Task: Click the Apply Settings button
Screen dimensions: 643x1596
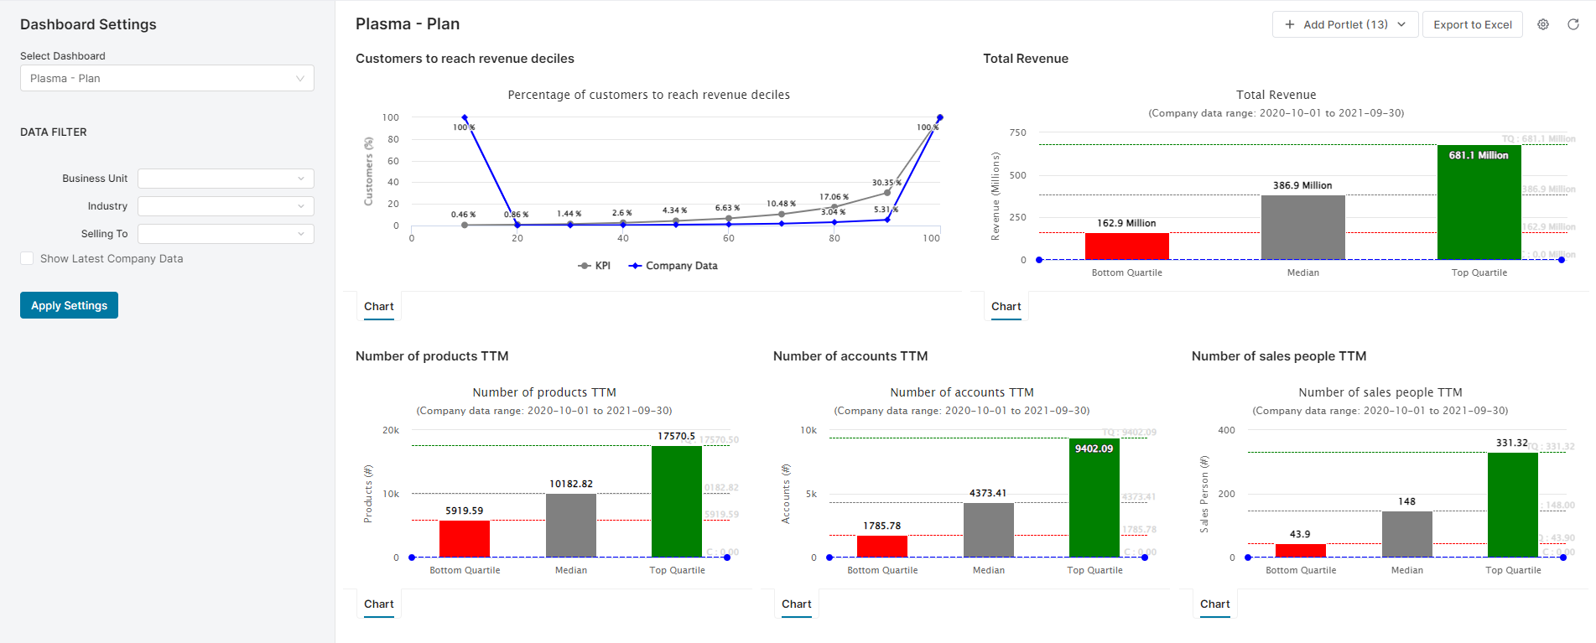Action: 69,305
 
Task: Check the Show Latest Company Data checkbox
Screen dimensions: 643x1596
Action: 28,259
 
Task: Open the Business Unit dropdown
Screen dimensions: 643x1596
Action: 226,179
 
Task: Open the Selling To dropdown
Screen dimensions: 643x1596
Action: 226,234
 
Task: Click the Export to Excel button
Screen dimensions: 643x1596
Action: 1472,24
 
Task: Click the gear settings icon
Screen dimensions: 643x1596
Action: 1543,24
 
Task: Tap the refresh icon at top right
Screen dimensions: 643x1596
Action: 1573,24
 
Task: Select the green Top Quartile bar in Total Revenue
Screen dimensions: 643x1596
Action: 1479,205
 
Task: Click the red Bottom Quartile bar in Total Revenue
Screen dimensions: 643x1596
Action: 1126,246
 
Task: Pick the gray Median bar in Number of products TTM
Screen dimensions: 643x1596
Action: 570,526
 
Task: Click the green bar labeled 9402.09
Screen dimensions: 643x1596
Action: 1094,499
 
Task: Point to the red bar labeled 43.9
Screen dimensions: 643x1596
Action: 1300,551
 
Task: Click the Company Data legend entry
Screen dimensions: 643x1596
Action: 673,266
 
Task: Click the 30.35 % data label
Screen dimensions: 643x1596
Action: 886,183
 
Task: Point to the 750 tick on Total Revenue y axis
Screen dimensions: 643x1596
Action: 1017,132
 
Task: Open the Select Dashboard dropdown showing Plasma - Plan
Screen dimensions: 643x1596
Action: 167,78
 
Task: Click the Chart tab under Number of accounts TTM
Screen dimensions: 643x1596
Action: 796,604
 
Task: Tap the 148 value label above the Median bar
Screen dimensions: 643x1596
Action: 1406,501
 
